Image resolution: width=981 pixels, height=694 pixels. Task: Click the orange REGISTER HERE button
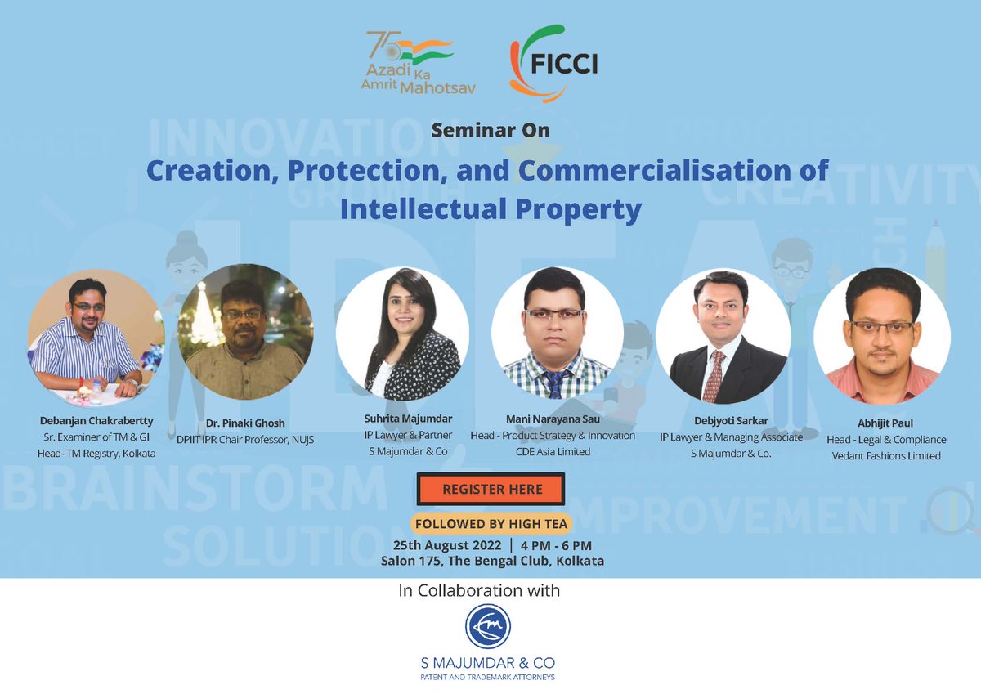point(492,489)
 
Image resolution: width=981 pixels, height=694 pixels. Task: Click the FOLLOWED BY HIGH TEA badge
point(491,523)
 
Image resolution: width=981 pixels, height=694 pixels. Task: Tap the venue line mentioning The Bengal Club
point(492,561)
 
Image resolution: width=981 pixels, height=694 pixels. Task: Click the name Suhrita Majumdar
point(408,419)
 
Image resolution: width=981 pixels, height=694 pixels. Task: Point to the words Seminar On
point(490,131)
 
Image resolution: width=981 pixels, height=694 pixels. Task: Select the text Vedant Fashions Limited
point(887,455)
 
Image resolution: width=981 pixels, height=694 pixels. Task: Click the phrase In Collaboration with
point(479,591)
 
